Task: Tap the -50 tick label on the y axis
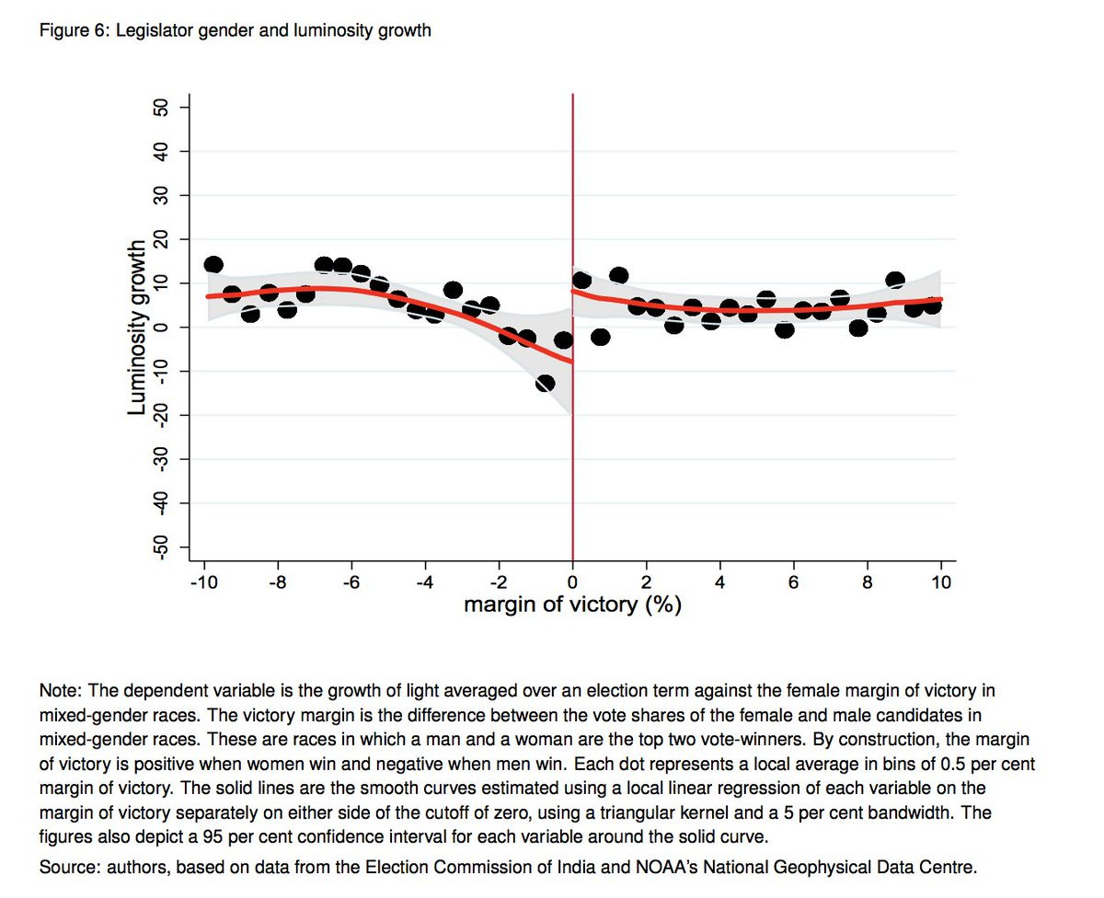pos(161,547)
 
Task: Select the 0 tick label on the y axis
pos(161,328)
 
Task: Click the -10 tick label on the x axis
pos(204,583)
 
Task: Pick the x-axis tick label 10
pos(941,583)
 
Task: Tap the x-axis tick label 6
pos(794,583)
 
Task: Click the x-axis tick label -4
pos(424,583)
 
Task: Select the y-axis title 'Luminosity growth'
pos(136,328)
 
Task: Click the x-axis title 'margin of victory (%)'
pos(572,604)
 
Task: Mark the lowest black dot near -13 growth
pos(546,384)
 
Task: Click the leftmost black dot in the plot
pos(213,265)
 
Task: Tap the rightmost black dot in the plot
pos(932,305)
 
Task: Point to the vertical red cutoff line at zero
pos(573,328)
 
